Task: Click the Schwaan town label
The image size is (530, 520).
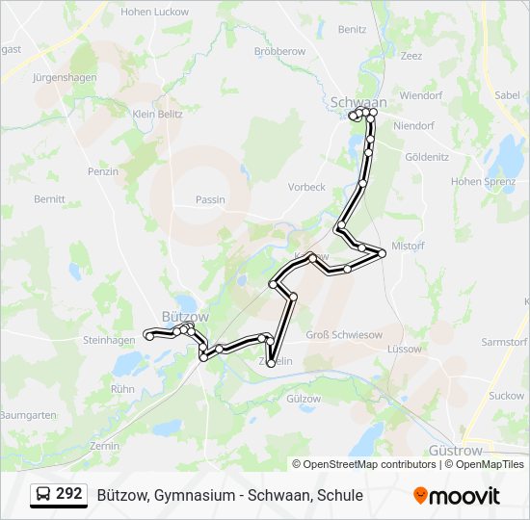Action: (358, 101)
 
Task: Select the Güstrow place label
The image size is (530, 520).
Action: (455, 450)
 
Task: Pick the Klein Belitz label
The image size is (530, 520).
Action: (157, 114)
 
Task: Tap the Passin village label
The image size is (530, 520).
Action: (209, 200)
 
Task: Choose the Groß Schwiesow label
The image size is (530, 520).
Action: (344, 334)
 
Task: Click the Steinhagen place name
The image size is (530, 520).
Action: (109, 340)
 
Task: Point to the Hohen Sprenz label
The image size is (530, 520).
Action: (482, 181)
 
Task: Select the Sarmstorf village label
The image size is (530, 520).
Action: (504, 342)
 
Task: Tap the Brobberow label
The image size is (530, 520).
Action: (279, 50)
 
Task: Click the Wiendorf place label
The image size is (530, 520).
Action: (419, 96)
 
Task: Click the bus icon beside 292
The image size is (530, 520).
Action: (42, 495)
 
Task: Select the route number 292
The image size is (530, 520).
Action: (69, 494)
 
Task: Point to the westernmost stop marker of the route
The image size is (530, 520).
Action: (147, 334)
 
